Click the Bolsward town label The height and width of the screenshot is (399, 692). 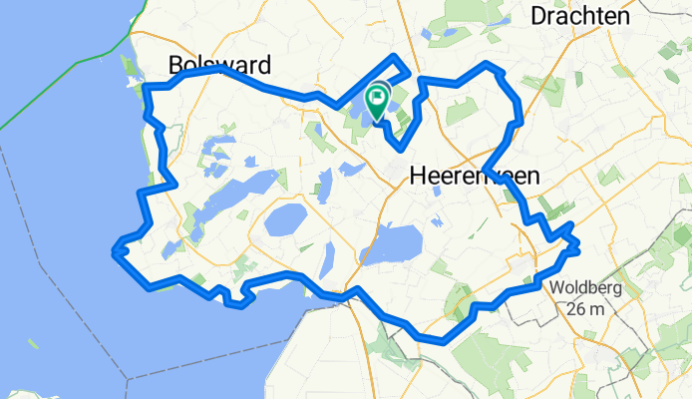[220, 65]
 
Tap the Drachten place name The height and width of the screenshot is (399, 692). [580, 16]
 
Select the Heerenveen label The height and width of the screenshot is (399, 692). [475, 177]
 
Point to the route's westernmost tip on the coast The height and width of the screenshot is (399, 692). [115, 251]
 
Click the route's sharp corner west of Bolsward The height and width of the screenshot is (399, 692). [148, 89]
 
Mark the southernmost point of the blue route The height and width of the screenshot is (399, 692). [438, 341]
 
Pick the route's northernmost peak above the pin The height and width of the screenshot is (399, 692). [400, 56]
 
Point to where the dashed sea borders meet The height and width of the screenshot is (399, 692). [128, 379]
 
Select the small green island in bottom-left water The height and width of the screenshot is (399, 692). [33, 344]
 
